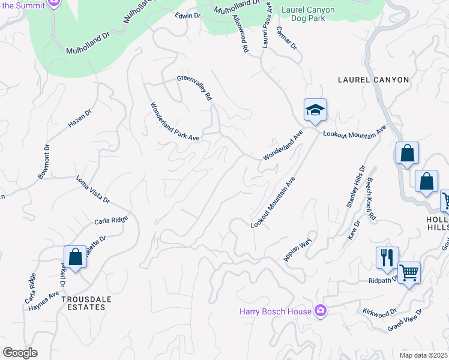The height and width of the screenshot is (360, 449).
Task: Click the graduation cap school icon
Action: pos(315,110)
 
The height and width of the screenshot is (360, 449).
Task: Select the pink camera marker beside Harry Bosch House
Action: pos(321,310)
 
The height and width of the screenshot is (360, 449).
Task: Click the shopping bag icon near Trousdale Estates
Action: pos(76,257)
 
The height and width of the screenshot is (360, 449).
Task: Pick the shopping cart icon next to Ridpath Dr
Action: pos(409,273)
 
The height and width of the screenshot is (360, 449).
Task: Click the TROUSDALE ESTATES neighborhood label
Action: pos(78,302)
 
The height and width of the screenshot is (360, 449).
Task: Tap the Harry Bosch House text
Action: pos(276,311)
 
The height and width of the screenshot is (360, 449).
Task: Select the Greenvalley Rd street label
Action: pos(194,88)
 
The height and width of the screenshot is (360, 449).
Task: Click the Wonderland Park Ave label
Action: pos(174,121)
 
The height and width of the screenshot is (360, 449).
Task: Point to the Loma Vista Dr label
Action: pos(92,189)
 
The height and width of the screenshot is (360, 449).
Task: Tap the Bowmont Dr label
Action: pos(46,161)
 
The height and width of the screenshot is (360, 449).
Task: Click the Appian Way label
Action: pos(298,250)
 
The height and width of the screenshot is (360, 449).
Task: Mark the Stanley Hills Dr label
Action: pos(355,187)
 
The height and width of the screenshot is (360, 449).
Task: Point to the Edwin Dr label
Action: pos(187,16)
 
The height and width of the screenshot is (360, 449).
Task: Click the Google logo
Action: pos(20,353)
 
